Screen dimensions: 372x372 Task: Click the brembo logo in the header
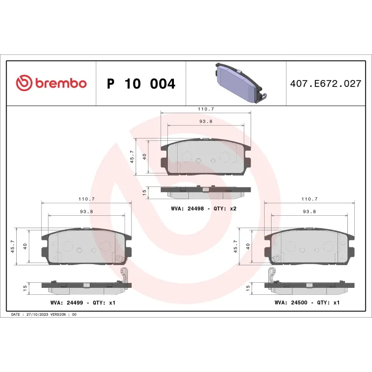(x=51, y=84)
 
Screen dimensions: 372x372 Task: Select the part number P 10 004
(x=141, y=84)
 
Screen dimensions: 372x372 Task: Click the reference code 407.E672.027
(x=325, y=84)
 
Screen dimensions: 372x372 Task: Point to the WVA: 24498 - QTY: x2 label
(x=204, y=209)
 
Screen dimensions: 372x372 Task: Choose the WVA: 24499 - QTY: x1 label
(x=82, y=303)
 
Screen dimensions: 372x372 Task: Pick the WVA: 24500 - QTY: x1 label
(x=307, y=303)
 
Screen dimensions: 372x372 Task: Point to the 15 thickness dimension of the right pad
(x=248, y=288)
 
